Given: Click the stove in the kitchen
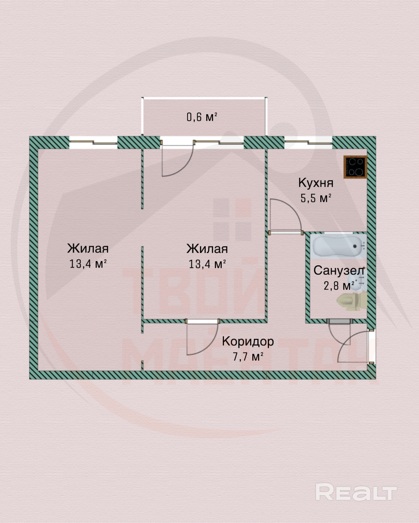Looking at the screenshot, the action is (355, 167).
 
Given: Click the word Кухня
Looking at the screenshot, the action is (316, 183).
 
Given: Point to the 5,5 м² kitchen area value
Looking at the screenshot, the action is (316, 198).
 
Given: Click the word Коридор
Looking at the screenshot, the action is (248, 341).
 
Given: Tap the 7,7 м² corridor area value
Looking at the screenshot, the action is (248, 356).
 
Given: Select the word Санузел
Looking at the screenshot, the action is (339, 271).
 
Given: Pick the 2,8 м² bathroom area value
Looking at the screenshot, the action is (339, 286).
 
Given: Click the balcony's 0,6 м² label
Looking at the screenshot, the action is (202, 117).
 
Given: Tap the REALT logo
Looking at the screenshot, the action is (356, 492).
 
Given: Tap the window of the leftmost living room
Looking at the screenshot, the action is (93, 142).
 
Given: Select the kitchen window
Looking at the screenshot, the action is (308, 142).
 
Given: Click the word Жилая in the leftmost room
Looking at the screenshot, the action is (88, 248).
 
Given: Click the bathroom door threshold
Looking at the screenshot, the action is (340, 322).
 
